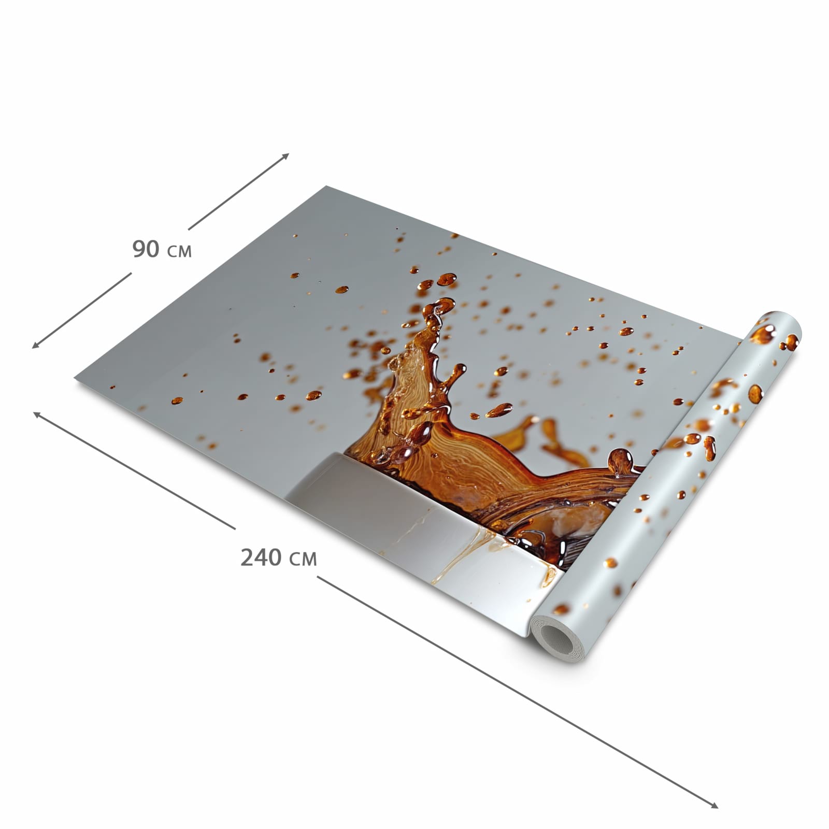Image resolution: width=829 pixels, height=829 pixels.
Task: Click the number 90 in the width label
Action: click(146, 249)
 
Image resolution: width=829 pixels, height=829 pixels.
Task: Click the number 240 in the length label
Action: click(261, 558)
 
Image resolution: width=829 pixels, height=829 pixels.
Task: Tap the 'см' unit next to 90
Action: click(179, 251)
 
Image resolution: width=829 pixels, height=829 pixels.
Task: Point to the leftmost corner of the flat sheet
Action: click(76, 379)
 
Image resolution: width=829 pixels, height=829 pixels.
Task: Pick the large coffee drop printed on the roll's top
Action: click(762, 334)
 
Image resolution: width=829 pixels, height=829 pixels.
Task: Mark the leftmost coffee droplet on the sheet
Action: click(177, 401)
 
